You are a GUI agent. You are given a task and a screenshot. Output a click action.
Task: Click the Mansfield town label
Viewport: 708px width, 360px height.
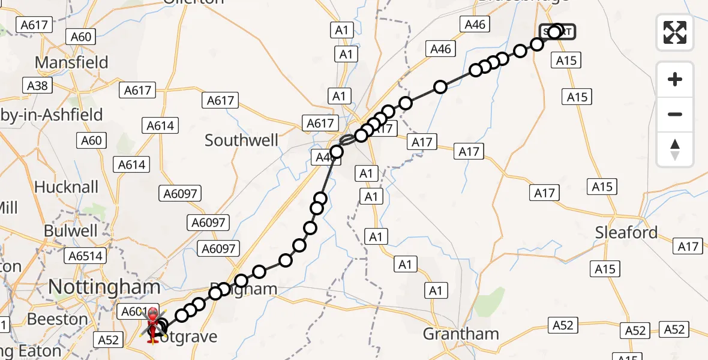pyautogui.click(x=71, y=62)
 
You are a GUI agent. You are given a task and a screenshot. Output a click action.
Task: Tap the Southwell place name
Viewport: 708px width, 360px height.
pyautogui.click(x=241, y=140)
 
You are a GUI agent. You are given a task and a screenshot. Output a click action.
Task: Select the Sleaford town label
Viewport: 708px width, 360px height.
pyautogui.click(x=626, y=232)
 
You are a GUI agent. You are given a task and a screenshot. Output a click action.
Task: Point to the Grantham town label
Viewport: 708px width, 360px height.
pyautogui.click(x=461, y=334)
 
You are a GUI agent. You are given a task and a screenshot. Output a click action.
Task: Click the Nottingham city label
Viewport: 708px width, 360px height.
pyautogui.click(x=104, y=287)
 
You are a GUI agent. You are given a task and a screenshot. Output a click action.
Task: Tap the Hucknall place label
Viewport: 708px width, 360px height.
pyautogui.click(x=66, y=187)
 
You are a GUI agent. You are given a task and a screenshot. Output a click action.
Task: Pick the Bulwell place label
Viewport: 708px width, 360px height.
pyautogui.click(x=71, y=230)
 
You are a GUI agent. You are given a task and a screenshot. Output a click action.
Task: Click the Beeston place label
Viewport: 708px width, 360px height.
pyautogui.click(x=58, y=319)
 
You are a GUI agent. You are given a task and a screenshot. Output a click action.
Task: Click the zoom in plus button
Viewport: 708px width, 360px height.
pyautogui.click(x=675, y=79)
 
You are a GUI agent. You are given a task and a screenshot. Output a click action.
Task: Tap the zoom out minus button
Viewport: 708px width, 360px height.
pyautogui.click(x=675, y=114)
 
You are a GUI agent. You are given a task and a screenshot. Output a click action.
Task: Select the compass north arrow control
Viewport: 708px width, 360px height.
pyautogui.click(x=675, y=149)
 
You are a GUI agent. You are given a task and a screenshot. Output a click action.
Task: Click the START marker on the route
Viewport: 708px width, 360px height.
pyautogui.click(x=556, y=31)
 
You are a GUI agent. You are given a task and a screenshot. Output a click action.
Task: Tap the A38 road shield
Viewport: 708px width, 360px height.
pyautogui.click(x=37, y=86)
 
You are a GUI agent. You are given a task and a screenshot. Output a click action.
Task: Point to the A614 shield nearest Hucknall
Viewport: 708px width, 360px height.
pyautogui.click(x=132, y=164)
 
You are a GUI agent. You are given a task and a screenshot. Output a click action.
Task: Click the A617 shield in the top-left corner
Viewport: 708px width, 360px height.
pyautogui.click(x=34, y=25)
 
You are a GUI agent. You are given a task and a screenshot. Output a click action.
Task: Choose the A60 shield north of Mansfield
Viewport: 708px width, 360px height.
pyautogui.click(x=80, y=37)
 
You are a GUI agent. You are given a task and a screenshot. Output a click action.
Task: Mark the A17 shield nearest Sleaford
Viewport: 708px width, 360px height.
pyautogui.click(x=688, y=246)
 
